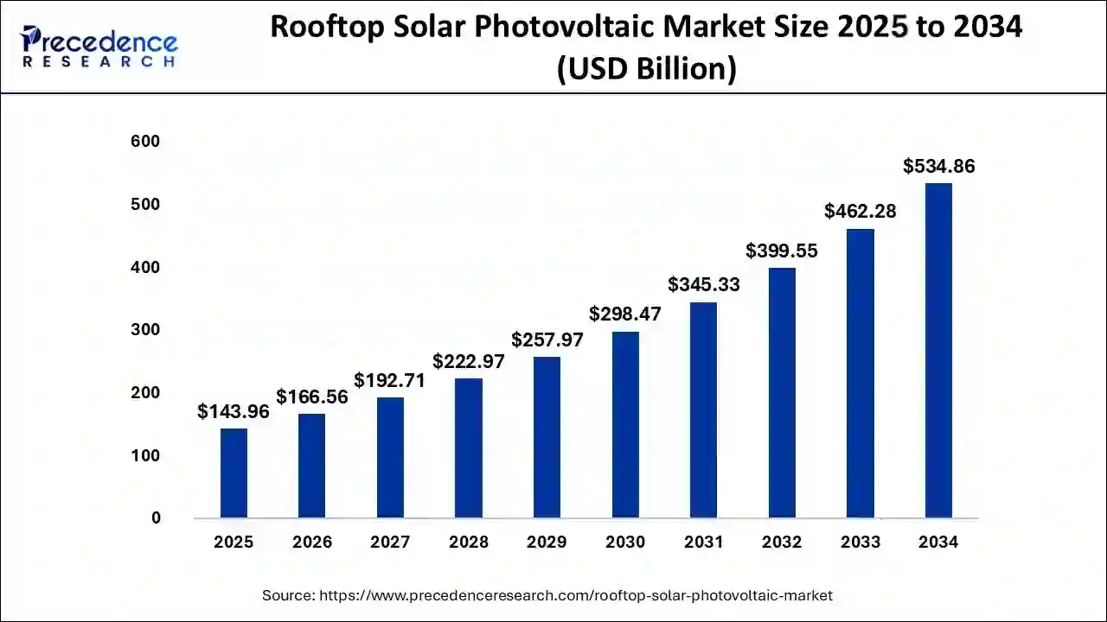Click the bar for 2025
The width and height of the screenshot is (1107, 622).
(x=234, y=473)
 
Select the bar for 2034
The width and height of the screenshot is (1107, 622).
(x=938, y=351)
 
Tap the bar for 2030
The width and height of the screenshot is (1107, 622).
(x=625, y=425)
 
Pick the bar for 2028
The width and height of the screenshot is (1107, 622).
(x=469, y=448)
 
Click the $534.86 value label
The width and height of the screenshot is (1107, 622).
(x=938, y=167)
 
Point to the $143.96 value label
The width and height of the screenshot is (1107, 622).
(x=234, y=412)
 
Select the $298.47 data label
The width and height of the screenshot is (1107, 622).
(x=625, y=314)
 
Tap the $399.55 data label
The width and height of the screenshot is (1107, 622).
(x=782, y=251)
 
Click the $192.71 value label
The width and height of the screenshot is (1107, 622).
(x=390, y=381)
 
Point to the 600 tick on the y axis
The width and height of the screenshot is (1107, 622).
(x=145, y=142)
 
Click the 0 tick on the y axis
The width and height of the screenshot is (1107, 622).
(x=156, y=518)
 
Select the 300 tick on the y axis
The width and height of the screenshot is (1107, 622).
(x=145, y=330)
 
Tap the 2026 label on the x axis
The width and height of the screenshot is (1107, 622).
(x=312, y=543)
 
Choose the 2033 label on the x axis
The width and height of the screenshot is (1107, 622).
(x=860, y=543)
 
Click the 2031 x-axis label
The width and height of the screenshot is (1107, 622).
(x=703, y=543)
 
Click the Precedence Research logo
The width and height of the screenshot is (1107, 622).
(x=99, y=47)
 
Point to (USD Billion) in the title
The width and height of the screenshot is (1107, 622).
(x=646, y=69)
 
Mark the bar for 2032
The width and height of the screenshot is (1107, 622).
(x=782, y=393)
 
